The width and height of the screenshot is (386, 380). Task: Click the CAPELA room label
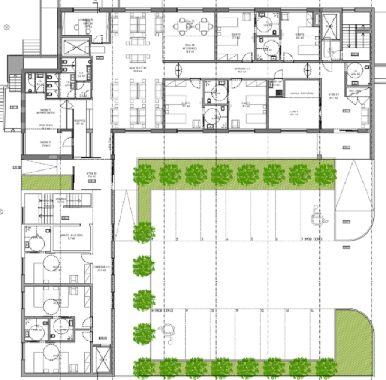293,112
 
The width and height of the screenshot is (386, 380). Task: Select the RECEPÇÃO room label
80,123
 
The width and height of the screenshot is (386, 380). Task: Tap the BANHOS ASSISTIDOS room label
71,236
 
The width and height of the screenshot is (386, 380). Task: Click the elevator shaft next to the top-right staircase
330,26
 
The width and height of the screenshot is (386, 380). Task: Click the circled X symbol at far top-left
6,27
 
